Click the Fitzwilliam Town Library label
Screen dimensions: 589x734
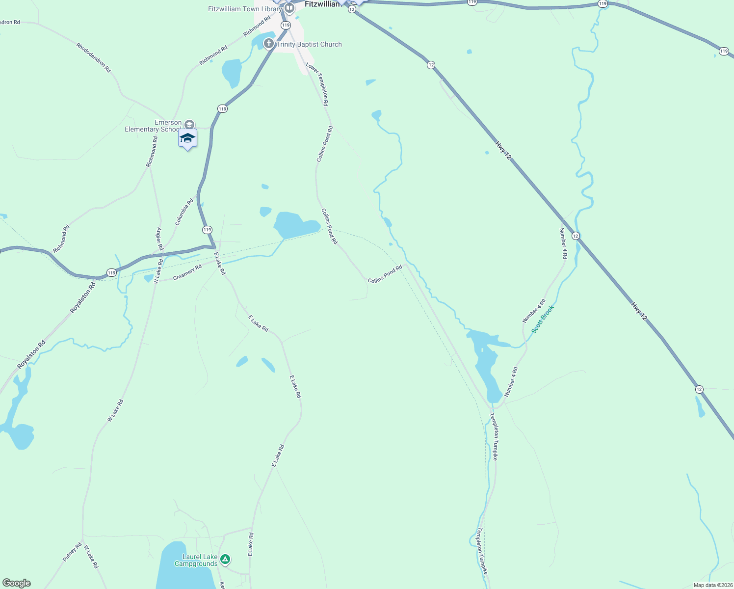click(x=245, y=9)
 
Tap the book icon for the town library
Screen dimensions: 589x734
click(x=289, y=8)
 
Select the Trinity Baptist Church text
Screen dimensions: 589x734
click(x=309, y=44)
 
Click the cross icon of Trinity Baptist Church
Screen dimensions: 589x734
click(x=268, y=44)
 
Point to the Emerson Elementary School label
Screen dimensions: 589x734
click(x=153, y=126)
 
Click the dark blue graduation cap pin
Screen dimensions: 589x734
click(x=187, y=138)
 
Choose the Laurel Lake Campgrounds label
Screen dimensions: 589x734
click(x=196, y=560)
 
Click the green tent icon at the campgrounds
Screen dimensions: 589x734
click(x=225, y=559)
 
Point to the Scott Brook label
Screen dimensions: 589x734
click(x=542, y=319)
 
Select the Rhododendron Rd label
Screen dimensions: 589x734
click(x=93, y=57)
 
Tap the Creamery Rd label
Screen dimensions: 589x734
click(x=187, y=273)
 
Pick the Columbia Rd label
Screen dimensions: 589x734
click(x=184, y=212)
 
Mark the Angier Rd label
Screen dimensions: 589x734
click(x=159, y=239)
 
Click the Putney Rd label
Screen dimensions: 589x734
click(x=72, y=552)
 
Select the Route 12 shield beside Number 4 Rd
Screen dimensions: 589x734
click(x=576, y=236)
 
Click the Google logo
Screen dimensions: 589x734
click(x=17, y=583)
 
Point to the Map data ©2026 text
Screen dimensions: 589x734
click(x=712, y=585)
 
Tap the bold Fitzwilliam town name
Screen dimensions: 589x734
click(x=322, y=4)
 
